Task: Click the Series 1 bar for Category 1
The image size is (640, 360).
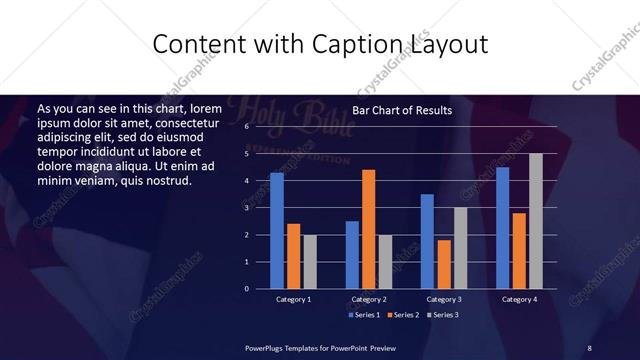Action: pos(277,231)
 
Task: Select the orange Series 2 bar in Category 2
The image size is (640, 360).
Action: pos(369,229)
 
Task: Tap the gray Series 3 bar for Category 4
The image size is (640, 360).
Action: pos(535,221)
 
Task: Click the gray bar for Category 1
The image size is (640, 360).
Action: pos(310,262)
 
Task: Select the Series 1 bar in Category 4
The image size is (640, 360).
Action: pos(502,228)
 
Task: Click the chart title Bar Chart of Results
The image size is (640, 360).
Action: pos(402,111)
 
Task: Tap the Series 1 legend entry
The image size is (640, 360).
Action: pos(364,315)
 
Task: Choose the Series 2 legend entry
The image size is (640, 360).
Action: pos(402,315)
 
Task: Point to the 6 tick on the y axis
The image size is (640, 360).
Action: pos(247,128)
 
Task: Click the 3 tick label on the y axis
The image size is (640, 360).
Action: pos(247,208)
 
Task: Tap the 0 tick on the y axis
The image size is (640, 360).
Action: pos(247,289)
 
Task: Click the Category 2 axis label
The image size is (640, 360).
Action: pos(369,299)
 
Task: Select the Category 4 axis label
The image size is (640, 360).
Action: pos(519,299)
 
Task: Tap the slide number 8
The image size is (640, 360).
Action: pos(590,347)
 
